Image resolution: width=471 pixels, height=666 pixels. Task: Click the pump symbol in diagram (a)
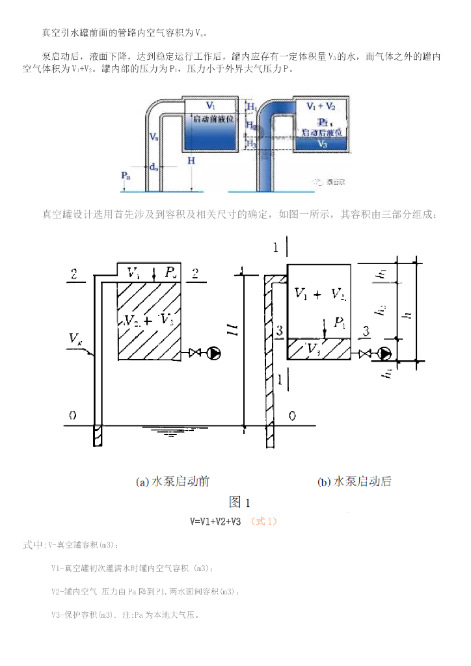tap(213, 353)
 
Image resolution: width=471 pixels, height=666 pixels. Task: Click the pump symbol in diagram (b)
tap(385, 354)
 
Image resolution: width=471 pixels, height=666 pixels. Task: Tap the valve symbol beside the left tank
tap(194, 353)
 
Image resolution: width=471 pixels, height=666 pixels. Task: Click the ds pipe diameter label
tap(154, 167)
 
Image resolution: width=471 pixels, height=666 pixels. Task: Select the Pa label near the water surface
tap(126, 176)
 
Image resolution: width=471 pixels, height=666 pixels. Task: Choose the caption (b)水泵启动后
tap(355, 482)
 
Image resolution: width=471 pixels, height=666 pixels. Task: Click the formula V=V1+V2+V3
tap(215, 521)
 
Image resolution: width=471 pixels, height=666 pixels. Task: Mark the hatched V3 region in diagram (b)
tap(319, 349)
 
